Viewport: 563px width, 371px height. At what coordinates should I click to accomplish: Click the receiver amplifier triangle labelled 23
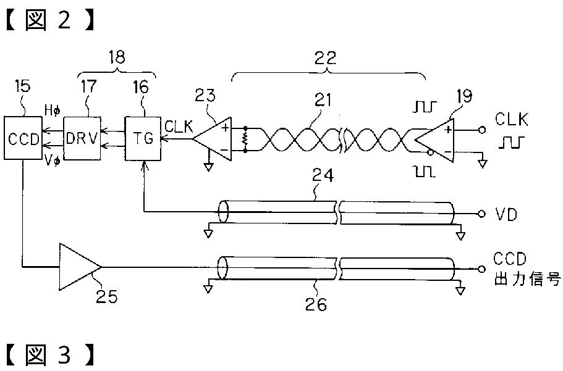[x=213, y=140]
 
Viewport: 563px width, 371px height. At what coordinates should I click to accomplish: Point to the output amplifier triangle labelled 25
[x=78, y=266]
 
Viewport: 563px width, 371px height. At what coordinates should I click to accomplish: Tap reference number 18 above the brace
[x=116, y=58]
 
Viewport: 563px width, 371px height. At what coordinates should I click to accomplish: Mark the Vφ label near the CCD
[x=53, y=159]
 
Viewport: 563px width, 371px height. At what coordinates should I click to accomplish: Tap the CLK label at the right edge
[x=510, y=119]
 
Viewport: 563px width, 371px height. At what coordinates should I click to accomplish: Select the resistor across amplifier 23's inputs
[x=245, y=140]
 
